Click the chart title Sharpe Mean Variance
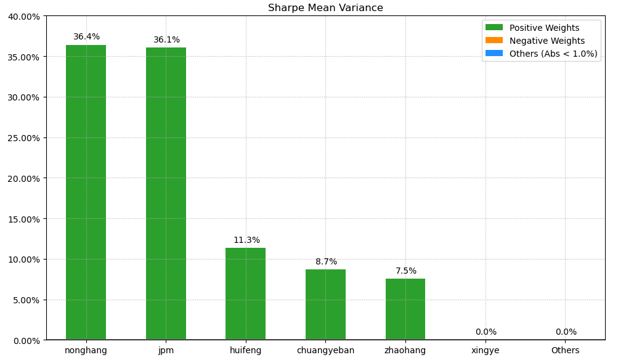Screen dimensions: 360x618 (x=325, y=8)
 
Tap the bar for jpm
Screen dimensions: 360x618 (x=166, y=194)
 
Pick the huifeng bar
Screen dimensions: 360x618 (x=245, y=293)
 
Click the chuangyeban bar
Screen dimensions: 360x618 (x=325, y=305)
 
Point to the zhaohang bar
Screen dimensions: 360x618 (x=405, y=309)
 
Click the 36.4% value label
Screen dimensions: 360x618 (x=86, y=37)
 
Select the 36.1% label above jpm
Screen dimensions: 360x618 (x=166, y=40)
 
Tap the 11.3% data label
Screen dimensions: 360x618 (x=246, y=240)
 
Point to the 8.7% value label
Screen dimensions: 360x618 (x=326, y=262)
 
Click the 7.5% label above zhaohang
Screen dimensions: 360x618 (x=406, y=271)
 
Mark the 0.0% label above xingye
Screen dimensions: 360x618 (x=486, y=332)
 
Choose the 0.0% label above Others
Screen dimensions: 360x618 (x=566, y=332)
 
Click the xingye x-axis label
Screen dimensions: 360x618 (x=486, y=351)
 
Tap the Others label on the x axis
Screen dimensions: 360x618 (x=566, y=351)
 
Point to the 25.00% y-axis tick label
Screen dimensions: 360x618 (x=23, y=138)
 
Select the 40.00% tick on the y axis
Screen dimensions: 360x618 (x=23, y=17)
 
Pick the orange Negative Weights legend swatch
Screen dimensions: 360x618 (x=494, y=41)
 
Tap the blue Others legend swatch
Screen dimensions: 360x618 (x=494, y=54)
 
